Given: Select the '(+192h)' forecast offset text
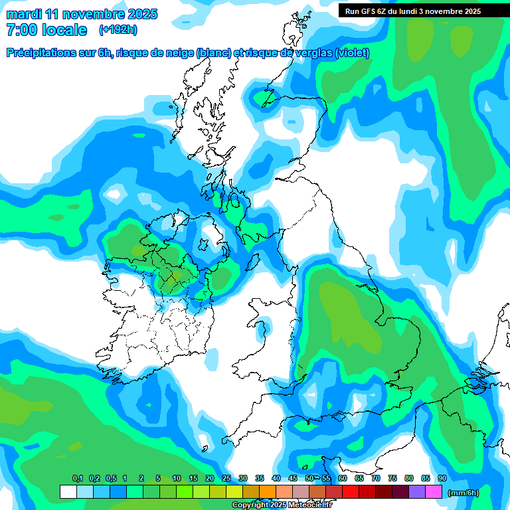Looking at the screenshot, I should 118,30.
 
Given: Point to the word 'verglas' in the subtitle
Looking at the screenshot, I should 313,53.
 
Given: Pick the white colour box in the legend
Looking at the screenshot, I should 68,492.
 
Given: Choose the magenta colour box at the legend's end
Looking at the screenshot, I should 434,492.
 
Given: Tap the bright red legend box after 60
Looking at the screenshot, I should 351,492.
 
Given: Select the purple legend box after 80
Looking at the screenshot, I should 417,492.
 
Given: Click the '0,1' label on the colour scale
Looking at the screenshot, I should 78,479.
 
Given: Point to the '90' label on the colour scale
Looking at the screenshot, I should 442,479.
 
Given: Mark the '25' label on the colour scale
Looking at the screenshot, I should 226,479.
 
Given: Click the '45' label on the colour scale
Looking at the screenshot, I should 293,479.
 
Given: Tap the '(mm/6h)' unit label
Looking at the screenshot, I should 462,493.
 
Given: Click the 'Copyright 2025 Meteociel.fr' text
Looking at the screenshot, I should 282,505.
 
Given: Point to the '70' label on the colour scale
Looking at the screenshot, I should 376,479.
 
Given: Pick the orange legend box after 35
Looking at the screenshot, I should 268,492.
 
